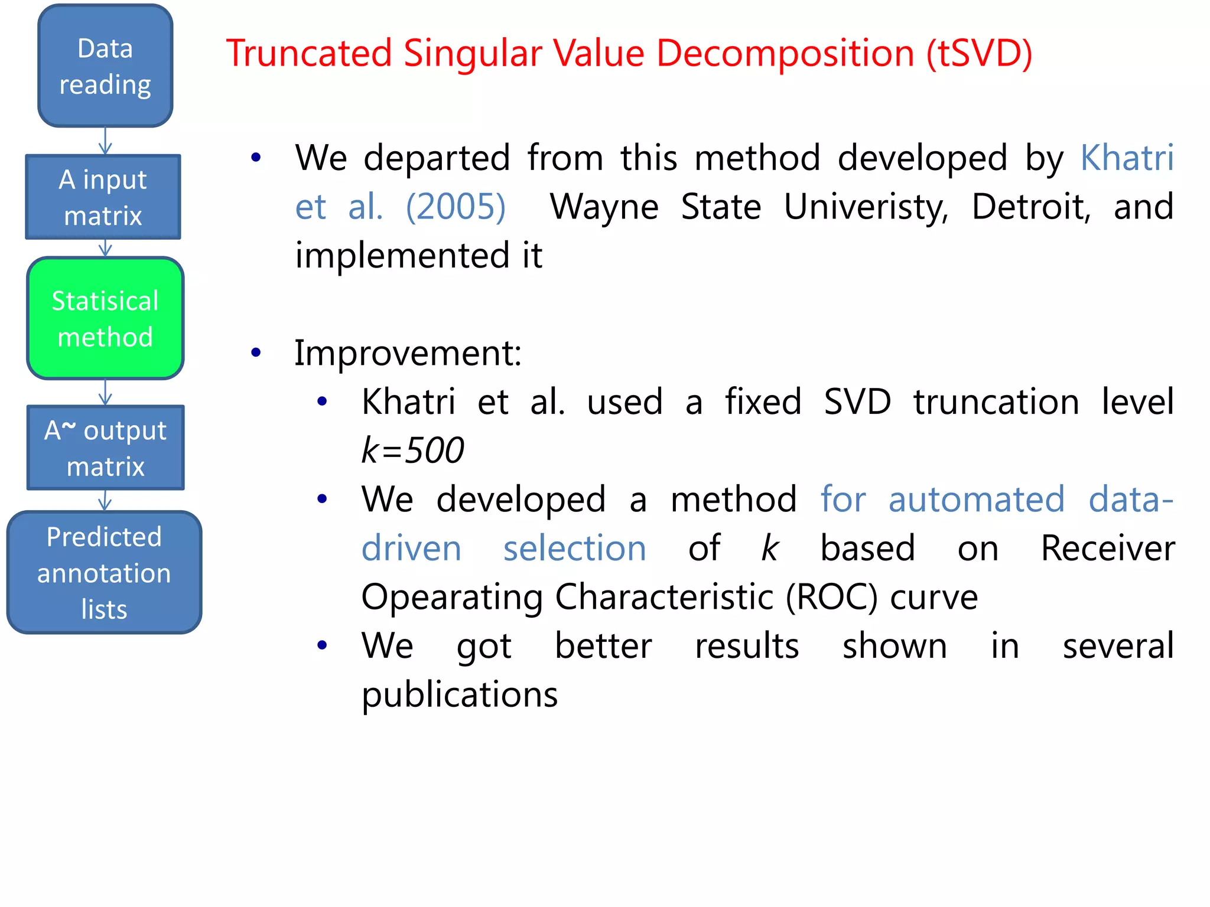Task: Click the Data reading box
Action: [x=105, y=66]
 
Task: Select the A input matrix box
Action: [x=103, y=197]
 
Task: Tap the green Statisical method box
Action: [x=105, y=318]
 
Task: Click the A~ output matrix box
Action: [x=105, y=448]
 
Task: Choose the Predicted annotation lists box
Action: [x=104, y=573]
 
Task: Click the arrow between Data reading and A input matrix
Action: [x=105, y=141]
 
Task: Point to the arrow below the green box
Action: [x=105, y=392]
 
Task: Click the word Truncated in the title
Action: [x=309, y=53]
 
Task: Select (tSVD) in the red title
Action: [x=979, y=53]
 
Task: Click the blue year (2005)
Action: [x=456, y=207]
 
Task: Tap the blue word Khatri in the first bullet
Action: [x=1127, y=158]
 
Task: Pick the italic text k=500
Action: [x=412, y=450]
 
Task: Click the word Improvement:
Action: [x=408, y=353]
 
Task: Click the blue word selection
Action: [x=574, y=548]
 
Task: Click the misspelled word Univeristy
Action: [x=866, y=207]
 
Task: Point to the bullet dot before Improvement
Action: [x=256, y=353]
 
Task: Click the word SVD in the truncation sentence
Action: [x=857, y=402]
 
